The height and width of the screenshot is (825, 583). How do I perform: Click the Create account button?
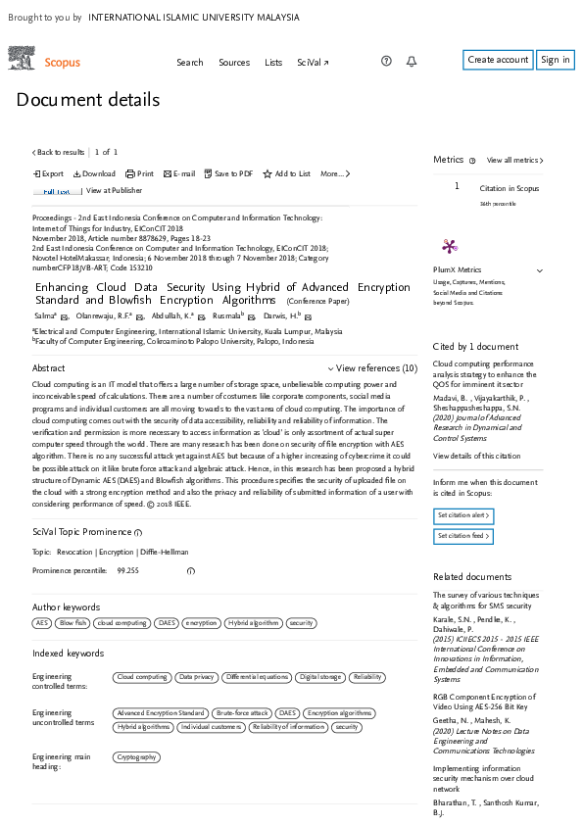(x=498, y=60)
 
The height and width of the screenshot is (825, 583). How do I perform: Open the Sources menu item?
(x=234, y=63)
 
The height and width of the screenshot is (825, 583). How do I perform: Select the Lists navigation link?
(x=273, y=63)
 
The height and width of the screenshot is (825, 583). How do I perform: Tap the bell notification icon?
(x=412, y=62)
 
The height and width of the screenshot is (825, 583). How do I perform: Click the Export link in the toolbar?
(x=49, y=173)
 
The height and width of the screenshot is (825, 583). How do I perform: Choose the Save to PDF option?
(x=228, y=173)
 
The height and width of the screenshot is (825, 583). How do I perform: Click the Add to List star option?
(x=286, y=173)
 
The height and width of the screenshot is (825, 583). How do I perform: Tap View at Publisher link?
(x=114, y=190)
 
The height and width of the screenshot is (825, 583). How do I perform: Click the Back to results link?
(x=59, y=152)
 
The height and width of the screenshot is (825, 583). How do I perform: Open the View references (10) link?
(x=372, y=368)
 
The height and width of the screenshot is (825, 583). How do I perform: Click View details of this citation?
(x=475, y=456)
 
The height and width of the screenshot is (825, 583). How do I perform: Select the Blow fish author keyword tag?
(x=73, y=622)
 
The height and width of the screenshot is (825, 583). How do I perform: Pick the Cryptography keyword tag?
(x=135, y=757)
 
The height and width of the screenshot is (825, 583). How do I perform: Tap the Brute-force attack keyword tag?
(x=241, y=713)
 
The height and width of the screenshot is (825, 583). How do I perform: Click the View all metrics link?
(x=514, y=160)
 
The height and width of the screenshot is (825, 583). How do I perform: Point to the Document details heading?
(x=87, y=100)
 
